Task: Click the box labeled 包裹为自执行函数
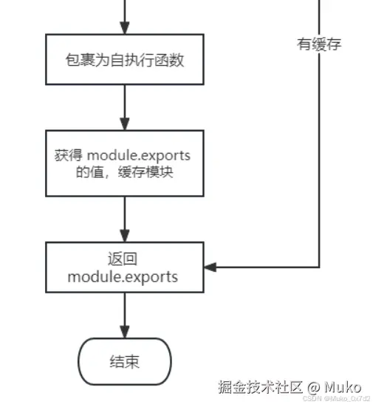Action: click(x=124, y=60)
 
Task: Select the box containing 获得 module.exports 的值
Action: click(x=124, y=164)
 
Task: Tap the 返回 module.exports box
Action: click(x=124, y=267)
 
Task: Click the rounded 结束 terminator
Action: click(x=124, y=362)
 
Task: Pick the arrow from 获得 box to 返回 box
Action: click(x=124, y=219)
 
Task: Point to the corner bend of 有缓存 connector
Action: click(x=319, y=267)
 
